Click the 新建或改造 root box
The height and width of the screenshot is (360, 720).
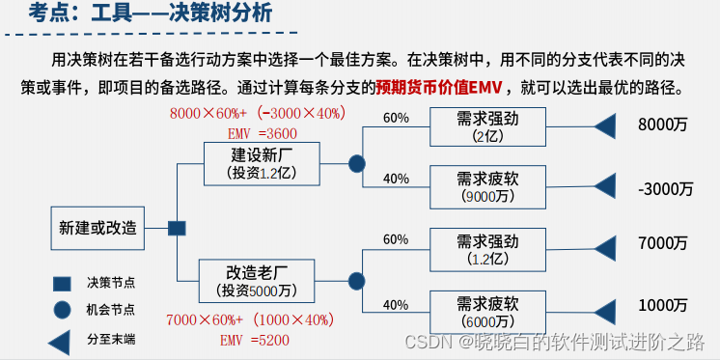point(97,229)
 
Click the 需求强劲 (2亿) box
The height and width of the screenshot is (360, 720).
point(490,127)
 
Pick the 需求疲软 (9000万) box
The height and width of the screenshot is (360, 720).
point(490,187)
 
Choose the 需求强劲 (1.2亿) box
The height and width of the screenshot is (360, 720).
point(490,249)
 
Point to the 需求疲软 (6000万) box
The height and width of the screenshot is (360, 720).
point(490,311)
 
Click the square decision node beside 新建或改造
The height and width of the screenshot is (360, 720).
point(176,229)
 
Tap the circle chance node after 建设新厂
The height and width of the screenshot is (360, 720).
point(356,163)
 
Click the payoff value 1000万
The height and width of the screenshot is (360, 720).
point(663,305)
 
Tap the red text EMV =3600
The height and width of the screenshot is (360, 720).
point(263,133)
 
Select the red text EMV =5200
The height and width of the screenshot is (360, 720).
point(256,340)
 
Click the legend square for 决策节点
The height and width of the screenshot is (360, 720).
point(61,283)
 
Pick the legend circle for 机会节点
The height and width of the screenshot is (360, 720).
point(61,311)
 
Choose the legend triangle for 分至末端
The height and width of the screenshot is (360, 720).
point(60,340)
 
